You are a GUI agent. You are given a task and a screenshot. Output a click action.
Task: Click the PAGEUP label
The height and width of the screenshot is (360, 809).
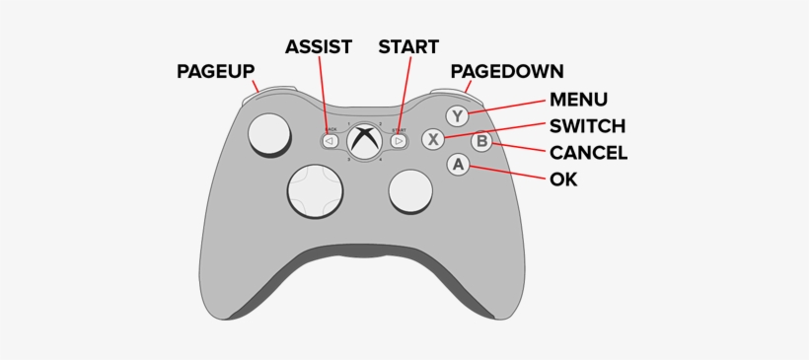[216, 71]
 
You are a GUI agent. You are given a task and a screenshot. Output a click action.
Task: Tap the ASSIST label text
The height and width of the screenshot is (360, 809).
[319, 46]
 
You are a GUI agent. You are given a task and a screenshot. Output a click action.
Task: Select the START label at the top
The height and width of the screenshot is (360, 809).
[408, 46]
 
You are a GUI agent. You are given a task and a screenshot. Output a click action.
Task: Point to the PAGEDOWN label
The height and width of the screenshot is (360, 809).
[507, 71]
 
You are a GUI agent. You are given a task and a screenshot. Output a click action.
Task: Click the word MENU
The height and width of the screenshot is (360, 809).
[578, 99]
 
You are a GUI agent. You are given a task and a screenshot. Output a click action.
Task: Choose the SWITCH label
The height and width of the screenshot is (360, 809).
[587, 125]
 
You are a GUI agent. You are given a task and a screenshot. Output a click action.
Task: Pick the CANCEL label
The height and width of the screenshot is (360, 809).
[588, 153]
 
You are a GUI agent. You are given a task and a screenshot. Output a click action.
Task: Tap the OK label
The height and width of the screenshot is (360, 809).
[563, 180]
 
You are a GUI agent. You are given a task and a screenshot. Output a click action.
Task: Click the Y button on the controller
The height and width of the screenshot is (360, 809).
[456, 115]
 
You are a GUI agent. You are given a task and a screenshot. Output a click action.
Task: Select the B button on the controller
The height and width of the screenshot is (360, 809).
[481, 141]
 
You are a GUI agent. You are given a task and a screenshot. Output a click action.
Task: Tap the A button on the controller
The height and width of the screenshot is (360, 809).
[457, 166]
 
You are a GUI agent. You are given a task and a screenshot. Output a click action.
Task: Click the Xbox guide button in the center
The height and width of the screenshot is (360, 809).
[364, 140]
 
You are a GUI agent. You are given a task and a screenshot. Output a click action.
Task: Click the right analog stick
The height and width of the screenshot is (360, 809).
[409, 189]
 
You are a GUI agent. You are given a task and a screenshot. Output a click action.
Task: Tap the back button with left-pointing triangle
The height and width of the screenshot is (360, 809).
[331, 141]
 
